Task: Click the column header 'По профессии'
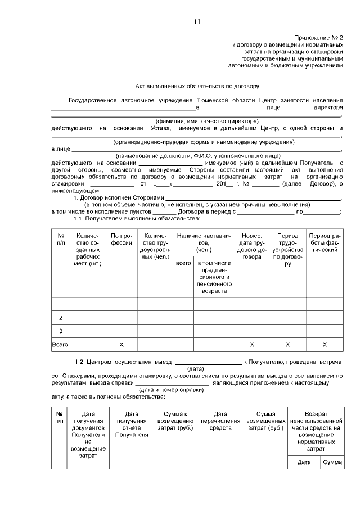point(121,240)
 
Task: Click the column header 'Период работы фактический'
point(325,242)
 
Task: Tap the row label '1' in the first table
point(60,304)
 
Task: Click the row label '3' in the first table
point(60,331)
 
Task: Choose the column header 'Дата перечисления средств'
point(220,421)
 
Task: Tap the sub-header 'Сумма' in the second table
point(332,462)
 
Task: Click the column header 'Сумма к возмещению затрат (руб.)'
point(175,421)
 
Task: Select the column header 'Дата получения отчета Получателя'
point(132,424)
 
